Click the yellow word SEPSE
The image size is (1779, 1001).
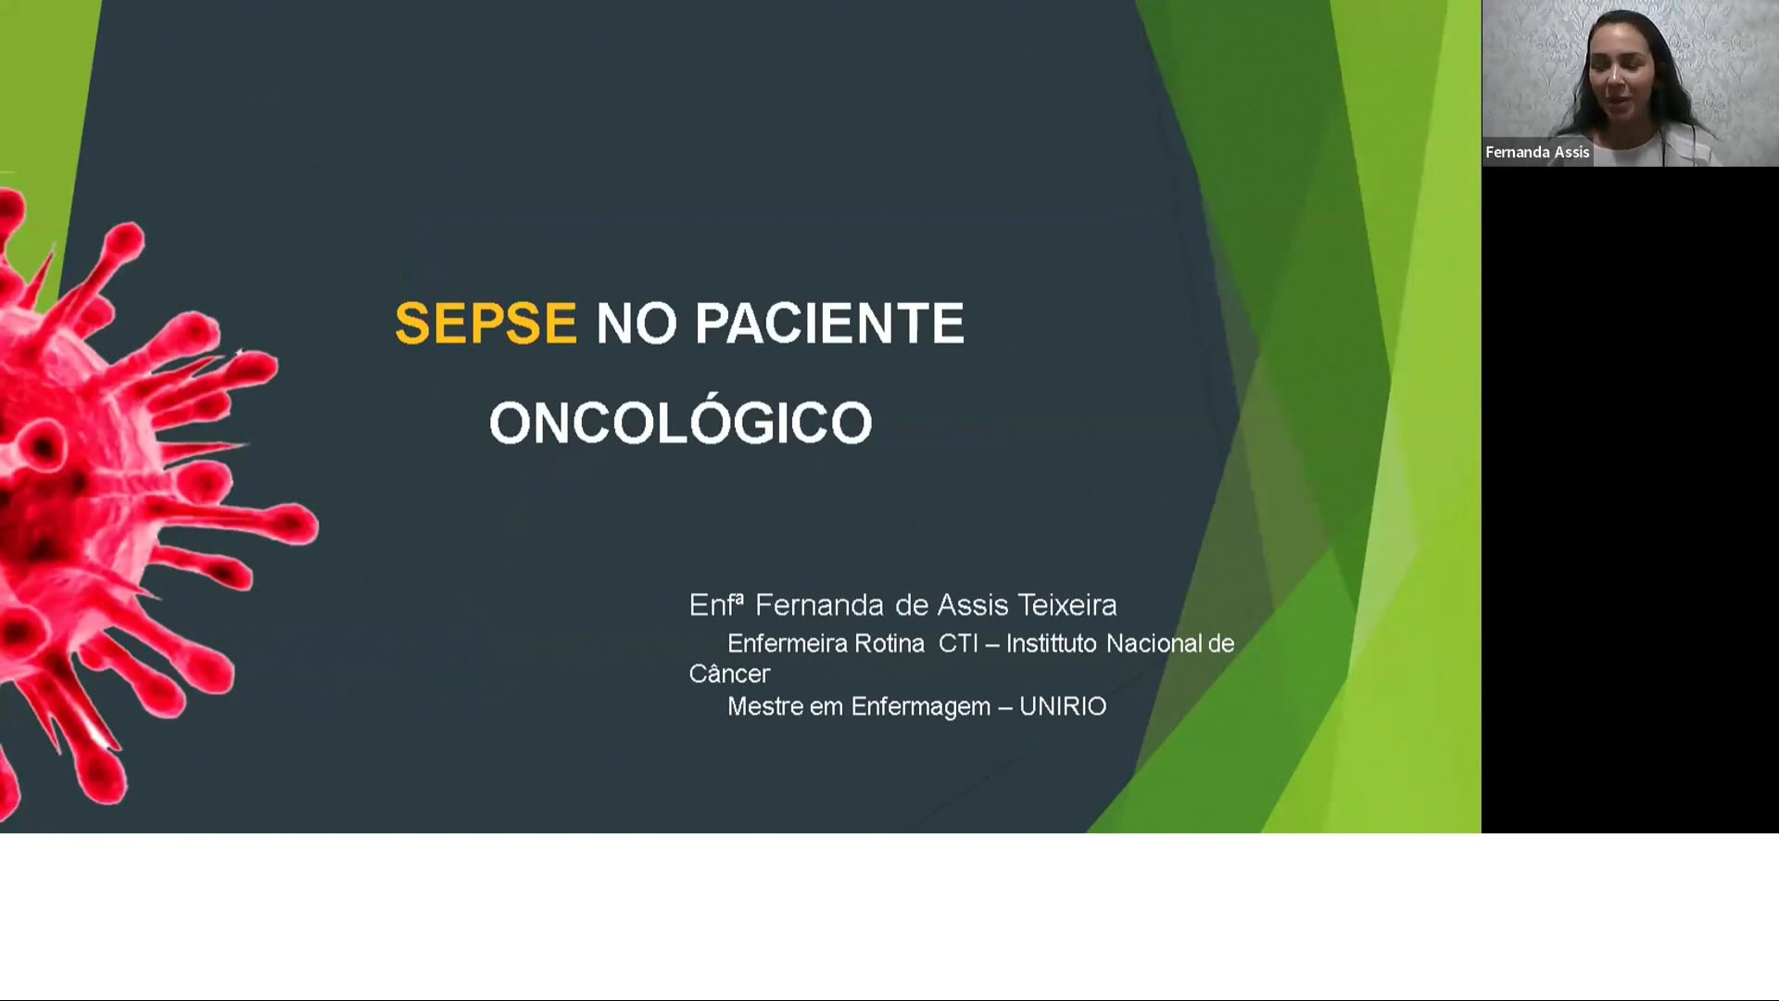[x=486, y=323]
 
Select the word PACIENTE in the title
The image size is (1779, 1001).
[x=829, y=323]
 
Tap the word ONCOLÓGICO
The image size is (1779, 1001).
[x=681, y=423]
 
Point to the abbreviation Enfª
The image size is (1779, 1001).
[x=716, y=605]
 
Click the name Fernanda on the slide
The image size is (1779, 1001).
[x=819, y=605]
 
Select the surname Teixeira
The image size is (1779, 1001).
[x=1067, y=605]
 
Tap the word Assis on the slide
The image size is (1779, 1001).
[x=973, y=605]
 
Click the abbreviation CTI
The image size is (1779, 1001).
[x=958, y=643]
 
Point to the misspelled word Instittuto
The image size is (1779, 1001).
[x=1052, y=643]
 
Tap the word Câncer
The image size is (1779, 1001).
[x=729, y=674]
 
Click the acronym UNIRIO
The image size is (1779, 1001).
[x=1063, y=706]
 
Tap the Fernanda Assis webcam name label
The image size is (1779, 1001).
[x=1537, y=152]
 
